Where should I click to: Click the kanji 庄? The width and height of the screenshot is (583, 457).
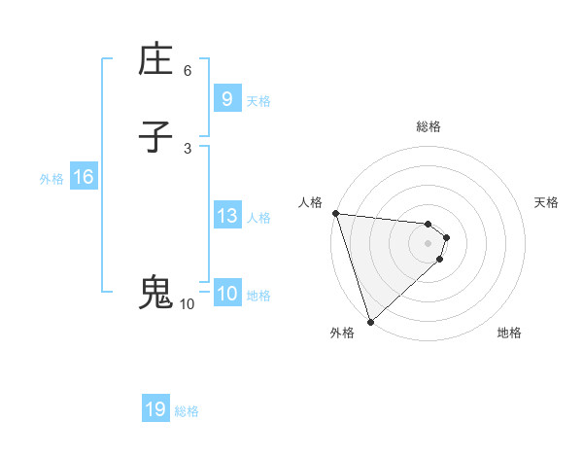(155, 60)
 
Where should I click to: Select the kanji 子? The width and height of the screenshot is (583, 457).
(155, 138)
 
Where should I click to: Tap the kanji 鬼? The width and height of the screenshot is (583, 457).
(155, 293)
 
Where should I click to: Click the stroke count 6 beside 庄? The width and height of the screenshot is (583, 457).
(188, 70)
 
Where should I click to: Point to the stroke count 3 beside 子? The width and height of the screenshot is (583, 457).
(188, 148)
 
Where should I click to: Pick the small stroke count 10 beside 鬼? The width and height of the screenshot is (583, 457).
(188, 303)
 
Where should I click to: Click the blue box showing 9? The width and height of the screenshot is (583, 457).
(226, 98)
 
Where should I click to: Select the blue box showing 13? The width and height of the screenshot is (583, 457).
(226, 216)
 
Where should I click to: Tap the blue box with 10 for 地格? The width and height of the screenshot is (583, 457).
(226, 294)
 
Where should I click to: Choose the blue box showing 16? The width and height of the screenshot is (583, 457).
(83, 177)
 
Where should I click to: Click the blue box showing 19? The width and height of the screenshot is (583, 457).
(155, 409)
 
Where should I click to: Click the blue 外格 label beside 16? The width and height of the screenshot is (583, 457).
(51, 178)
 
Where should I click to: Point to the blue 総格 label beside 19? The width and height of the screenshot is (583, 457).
(187, 411)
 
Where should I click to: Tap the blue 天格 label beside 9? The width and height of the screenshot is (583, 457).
(258, 100)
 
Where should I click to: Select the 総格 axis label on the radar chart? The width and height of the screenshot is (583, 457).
(428, 126)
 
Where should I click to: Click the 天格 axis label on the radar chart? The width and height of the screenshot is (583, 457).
(547, 202)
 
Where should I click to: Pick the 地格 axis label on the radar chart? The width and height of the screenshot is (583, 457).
(509, 334)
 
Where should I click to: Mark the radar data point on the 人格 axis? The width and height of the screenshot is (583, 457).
(334, 213)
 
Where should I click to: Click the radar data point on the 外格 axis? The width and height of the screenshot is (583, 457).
(370, 321)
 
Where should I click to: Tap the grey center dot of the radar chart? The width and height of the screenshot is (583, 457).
(428, 242)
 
